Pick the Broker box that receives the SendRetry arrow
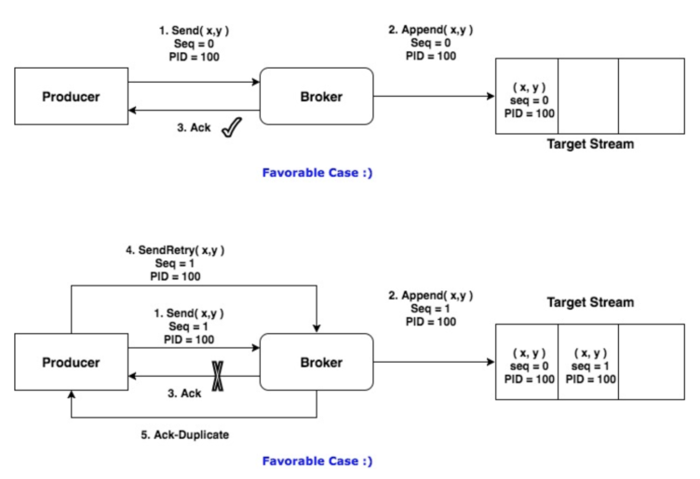316,362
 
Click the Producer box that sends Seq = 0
71,97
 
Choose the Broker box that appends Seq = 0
316,97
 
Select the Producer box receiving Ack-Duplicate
71,362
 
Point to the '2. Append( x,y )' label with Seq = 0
430,29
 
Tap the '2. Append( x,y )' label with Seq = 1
430,296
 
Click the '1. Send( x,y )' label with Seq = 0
194,29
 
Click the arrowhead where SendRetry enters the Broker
317,327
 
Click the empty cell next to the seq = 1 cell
652,362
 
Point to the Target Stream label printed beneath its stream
590,144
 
